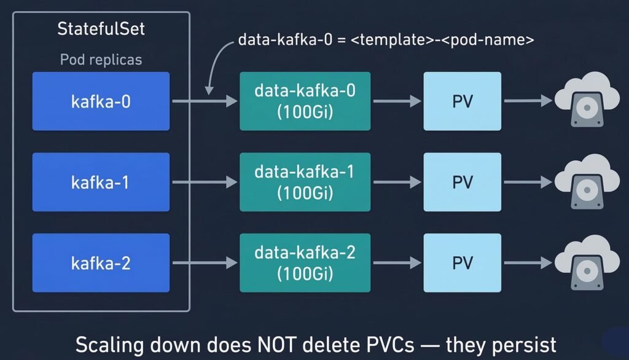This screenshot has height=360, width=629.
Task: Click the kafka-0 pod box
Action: pos(101,101)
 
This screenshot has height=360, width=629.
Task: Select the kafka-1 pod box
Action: pos(101,182)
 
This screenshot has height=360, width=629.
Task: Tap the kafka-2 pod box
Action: pos(101,263)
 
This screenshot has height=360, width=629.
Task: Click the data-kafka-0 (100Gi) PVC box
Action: pos(305,101)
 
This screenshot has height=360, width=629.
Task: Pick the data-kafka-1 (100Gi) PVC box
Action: pos(305,182)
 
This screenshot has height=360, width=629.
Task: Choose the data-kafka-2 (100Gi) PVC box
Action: pos(305,263)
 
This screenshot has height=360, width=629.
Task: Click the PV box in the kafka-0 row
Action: pos(462,101)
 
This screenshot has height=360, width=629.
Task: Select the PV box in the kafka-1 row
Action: pos(462,182)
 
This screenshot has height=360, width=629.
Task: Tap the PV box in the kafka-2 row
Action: pos(462,263)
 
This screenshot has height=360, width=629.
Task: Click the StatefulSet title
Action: pos(101,29)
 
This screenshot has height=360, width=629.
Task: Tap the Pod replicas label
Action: pos(101,60)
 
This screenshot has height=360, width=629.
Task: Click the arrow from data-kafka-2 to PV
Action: pos(397,263)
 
